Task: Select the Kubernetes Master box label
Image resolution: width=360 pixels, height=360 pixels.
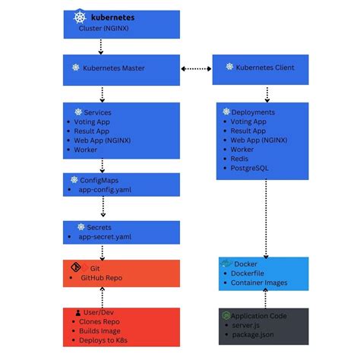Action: click(x=114, y=68)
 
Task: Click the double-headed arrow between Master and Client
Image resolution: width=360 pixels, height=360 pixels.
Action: click(x=196, y=68)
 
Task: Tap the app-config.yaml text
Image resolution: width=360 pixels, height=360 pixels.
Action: click(x=105, y=191)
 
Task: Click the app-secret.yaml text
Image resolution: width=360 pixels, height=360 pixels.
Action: click(x=105, y=237)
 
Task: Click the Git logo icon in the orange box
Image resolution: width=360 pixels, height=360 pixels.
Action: click(x=75, y=267)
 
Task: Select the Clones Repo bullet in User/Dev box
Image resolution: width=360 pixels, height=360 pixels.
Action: click(x=99, y=322)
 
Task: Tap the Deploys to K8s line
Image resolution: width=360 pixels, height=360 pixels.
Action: click(x=105, y=340)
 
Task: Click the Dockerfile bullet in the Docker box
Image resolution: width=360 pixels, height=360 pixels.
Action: click(x=250, y=274)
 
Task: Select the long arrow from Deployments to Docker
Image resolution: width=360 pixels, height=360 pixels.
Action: click(x=264, y=216)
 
